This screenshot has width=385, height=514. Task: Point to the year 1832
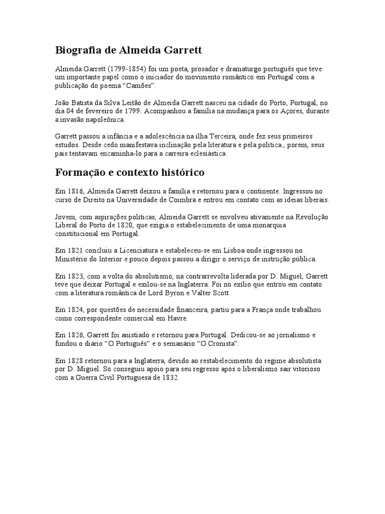click(167, 378)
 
